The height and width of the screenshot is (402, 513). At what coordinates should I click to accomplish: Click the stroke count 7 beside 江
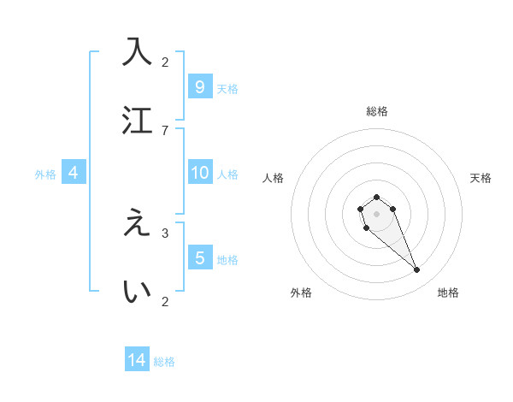(165, 130)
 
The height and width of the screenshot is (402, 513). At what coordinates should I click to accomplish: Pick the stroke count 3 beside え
(165, 233)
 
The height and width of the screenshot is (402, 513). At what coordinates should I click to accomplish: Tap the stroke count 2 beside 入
(165, 62)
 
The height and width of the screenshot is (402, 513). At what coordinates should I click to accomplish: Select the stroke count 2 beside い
(165, 301)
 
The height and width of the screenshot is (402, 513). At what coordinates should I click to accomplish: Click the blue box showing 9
(199, 86)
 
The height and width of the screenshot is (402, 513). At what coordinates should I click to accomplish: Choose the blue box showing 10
(199, 173)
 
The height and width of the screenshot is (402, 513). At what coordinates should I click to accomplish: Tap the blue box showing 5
(199, 257)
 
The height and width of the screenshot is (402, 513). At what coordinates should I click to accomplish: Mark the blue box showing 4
(74, 173)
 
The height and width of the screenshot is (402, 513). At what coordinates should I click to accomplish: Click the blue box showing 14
(137, 360)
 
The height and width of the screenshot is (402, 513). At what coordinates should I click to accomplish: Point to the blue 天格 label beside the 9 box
(227, 88)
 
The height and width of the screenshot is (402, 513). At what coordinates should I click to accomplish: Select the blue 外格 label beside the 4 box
(45, 174)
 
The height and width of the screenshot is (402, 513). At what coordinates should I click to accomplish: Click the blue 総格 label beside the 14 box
(164, 362)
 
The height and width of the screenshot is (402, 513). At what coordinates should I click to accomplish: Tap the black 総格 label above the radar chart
(376, 111)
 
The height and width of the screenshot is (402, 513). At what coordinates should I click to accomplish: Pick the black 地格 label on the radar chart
(448, 293)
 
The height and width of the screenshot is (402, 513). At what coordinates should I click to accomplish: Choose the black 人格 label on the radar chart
(273, 178)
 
